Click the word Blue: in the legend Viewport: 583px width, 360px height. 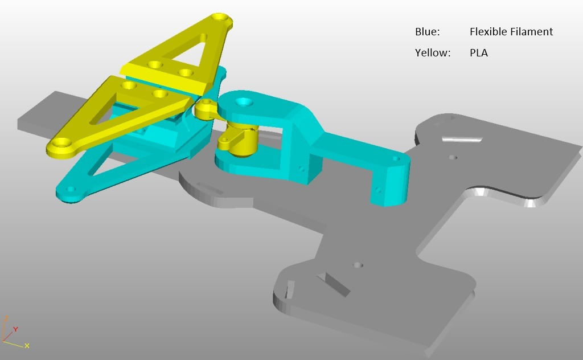[x=427, y=32]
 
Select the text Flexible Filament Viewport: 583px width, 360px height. [x=511, y=32]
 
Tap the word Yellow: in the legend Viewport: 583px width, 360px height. [x=433, y=53]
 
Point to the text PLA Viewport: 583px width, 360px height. [x=479, y=53]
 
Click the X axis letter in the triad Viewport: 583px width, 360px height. [x=27, y=346]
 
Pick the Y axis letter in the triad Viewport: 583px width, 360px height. [x=16, y=329]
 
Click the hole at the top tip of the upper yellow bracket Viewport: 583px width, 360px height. [x=219, y=18]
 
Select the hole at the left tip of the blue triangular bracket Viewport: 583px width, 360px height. [x=70, y=189]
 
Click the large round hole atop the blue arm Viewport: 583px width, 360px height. [x=244, y=103]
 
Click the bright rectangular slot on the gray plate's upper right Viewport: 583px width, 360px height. [x=462, y=139]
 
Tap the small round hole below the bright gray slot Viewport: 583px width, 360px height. [x=452, y=157]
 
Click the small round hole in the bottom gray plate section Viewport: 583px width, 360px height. [x=358, y=265]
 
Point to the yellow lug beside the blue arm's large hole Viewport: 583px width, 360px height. [x=206, y=108]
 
